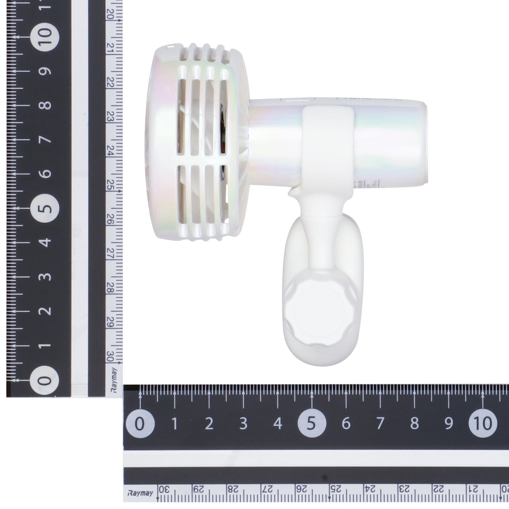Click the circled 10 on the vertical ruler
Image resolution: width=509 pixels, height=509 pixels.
[x=45, y=37]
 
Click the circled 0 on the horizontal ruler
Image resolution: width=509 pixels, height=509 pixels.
[x=140, y=424]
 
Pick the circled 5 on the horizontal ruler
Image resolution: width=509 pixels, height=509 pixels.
[x=312, y=424]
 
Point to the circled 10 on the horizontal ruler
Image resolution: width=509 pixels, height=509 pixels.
[x=483, y=424]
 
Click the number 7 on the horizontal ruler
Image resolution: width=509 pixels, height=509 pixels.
[x=380, y=424]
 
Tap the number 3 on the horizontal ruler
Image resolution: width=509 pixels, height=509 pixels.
[x=243, y=424]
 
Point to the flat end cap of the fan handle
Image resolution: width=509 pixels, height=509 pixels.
[x=425, y=142]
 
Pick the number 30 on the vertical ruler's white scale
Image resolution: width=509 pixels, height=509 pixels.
[x=110, y=356]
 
